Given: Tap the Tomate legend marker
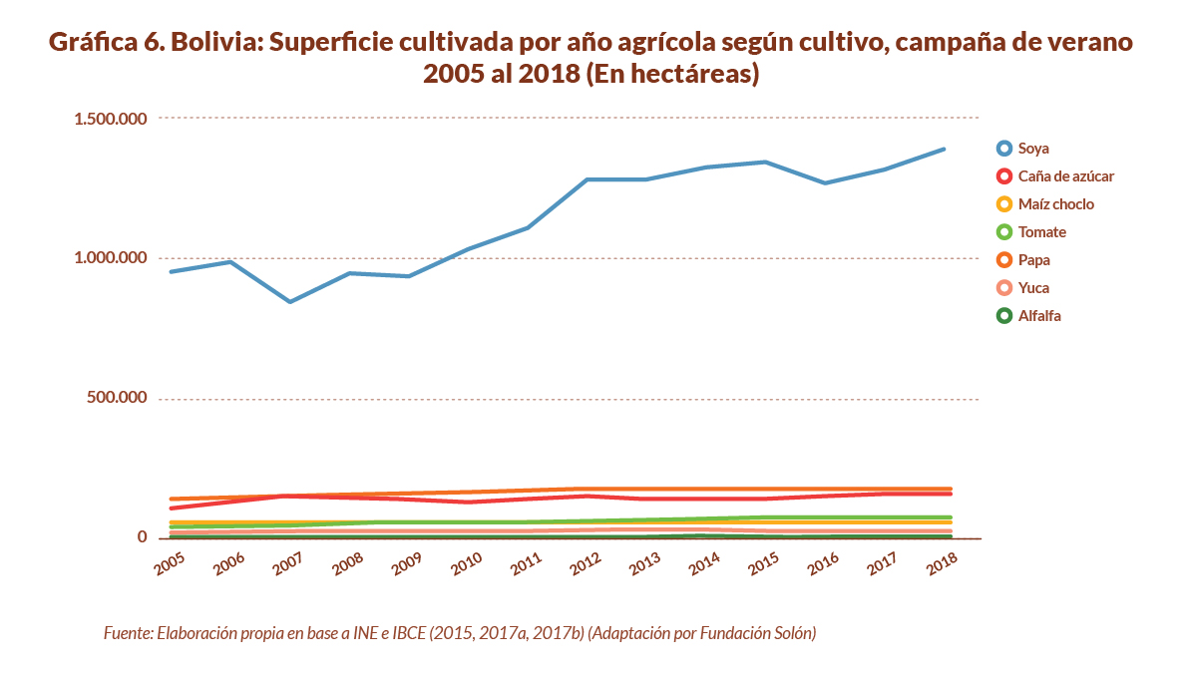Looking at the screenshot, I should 1004,232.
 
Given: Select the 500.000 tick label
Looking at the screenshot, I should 119,398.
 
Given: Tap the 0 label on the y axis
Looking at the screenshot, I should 142,537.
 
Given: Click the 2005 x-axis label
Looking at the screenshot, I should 171,562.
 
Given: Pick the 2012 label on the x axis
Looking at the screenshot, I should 587,562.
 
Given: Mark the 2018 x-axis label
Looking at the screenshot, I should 942,562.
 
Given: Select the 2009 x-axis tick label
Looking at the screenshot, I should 407,562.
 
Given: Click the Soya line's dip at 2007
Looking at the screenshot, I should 289,301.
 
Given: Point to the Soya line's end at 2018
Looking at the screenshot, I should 944,150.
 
